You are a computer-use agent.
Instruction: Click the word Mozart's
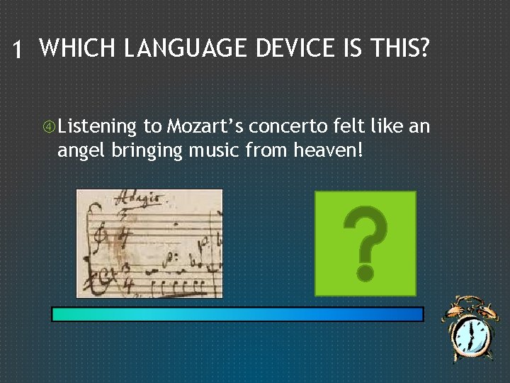click(205, 127)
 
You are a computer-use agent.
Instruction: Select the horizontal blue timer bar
click(237, 314)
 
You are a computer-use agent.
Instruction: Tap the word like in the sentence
click(388, 127)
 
